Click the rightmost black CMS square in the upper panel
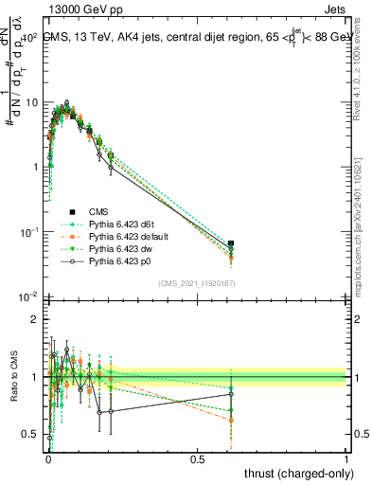(231, 244)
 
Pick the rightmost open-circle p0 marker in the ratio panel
(231, 394)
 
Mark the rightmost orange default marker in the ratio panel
(231, 420)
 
